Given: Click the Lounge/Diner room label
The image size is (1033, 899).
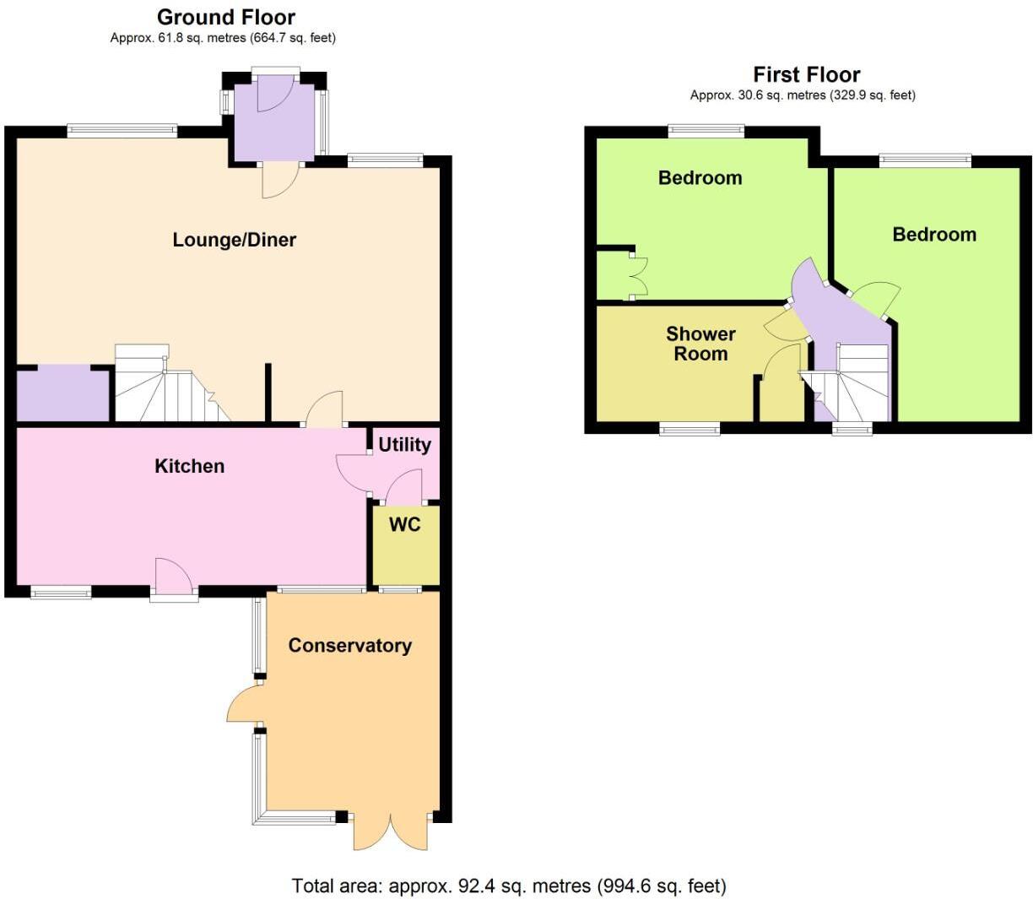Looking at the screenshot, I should click(x=234, y=240).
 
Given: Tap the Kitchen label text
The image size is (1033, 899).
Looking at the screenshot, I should click(x=189, y=466).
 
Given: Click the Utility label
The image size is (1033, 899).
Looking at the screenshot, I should click(x=404, y=445).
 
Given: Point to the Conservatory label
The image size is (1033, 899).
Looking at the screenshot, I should click(x=349, y=646).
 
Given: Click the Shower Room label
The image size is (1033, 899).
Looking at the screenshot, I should click(x=700, y=344).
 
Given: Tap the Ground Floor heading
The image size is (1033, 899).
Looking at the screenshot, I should click(x=226, y=17).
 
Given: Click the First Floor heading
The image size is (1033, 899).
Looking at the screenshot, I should click(x=806, y=74).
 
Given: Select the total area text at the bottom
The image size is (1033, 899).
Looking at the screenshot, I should click(x=509, y=885).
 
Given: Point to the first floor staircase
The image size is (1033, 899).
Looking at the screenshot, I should click(x=852, y=384).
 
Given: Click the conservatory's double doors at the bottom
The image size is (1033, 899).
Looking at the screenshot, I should click(x=391, y=831).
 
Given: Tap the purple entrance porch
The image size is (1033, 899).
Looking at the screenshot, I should click(x=276, y=118).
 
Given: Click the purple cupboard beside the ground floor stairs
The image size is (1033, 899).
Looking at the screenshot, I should click(x=63, y=393).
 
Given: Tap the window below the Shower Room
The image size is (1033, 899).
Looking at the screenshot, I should click(x=690, y=429).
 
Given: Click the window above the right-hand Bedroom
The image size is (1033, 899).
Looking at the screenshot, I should click(x=924, y=160).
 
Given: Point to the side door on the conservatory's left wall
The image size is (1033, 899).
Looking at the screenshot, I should click(x=245, y=702).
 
